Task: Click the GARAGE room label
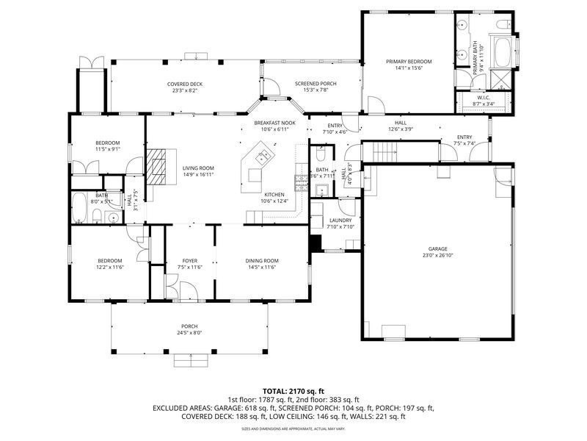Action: point(438,248)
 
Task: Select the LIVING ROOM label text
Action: point(198,168)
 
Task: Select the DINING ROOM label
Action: point(261,260)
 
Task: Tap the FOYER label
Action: point(189,260)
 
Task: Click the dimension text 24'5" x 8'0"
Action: point(189,333)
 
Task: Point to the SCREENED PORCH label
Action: point(311,84)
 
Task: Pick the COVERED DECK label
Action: point(185,84)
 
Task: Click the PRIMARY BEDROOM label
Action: point(409,61)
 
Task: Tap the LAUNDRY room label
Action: point(340,220)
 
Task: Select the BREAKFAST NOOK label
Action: point(274,123)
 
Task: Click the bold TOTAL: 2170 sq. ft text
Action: point(293,391)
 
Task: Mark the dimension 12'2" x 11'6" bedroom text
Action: point(109,268)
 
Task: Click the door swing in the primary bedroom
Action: point(374,105)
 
